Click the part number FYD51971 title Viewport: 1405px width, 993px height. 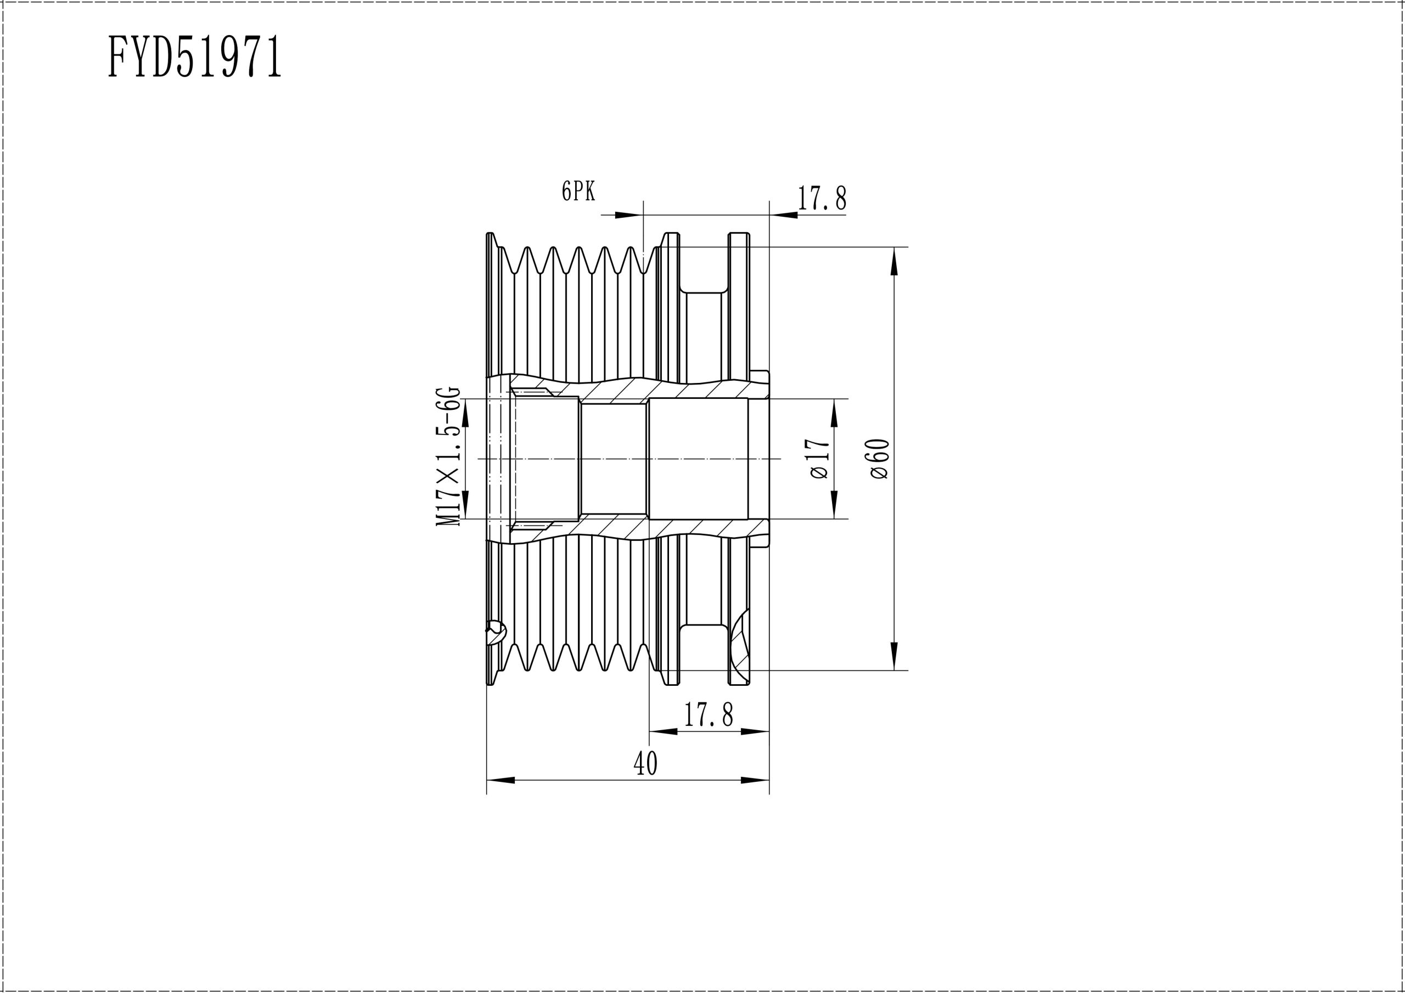tap(195, 57)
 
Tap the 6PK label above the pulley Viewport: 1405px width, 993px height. tap(578, 191)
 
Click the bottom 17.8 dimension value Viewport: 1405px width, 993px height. tap(709, 714)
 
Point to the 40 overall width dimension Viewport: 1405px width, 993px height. tap(645, 763)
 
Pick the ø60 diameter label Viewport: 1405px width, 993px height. tap(879, 458)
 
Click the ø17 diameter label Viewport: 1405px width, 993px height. tap(819, 458)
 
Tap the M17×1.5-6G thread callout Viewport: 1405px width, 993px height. tap(447, 456)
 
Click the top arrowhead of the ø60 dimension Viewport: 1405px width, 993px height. tap(894, 261)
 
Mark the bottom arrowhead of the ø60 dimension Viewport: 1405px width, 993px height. tap(894, 656)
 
